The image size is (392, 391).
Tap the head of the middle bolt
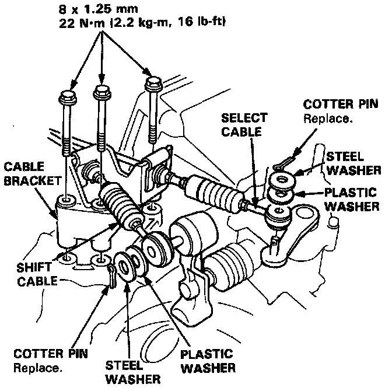[x=102, y=90]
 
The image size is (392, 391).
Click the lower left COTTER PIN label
[x=45, y=355]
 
